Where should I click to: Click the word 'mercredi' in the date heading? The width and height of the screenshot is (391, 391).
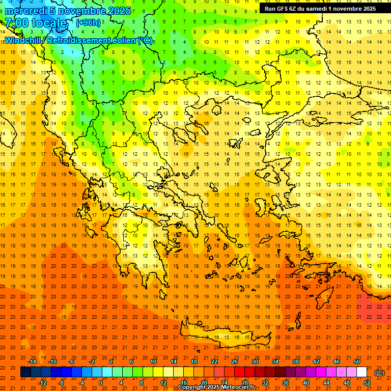coord(25,10)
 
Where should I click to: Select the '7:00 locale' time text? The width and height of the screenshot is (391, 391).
coord(36,23)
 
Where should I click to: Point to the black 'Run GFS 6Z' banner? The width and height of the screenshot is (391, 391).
coord(320,8)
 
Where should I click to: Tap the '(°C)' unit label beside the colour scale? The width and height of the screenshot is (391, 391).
coord(379,372)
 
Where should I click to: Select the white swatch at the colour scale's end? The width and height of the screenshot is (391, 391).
coord(361,372)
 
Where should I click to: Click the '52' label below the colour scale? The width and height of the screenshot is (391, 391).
coord(367,382)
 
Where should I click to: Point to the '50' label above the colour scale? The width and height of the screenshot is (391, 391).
coord(356,361)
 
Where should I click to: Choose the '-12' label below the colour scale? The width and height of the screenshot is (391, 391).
coord(42,382)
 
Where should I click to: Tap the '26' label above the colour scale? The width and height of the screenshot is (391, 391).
coord(235,361)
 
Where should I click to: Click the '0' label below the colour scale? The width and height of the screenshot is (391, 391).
coord(101,382)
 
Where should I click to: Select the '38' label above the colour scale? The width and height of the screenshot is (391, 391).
coord(296,361)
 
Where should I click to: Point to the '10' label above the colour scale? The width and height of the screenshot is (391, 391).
coord(153,361)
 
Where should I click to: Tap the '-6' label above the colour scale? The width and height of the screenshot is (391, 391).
coord(72,361)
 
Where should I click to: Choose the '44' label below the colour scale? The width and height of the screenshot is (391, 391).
coord(326,382)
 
